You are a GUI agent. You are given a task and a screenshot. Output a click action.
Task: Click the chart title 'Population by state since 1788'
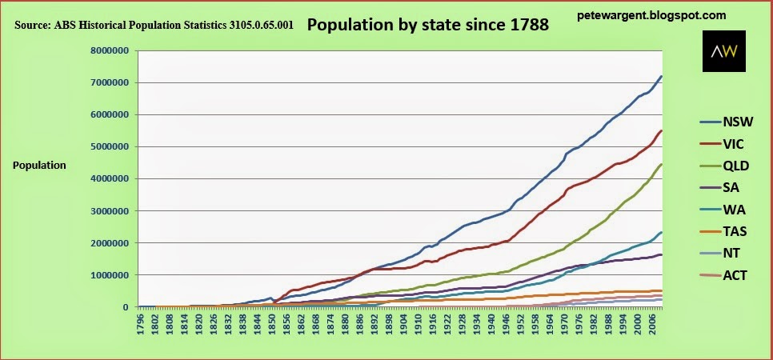pyautogui.click(x=427, y=25)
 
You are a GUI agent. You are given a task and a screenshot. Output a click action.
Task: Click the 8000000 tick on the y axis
pyautogui.click(x=110, y=50)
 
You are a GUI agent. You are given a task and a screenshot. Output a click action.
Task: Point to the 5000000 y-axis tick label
pyautogui.click(x=110, y=146)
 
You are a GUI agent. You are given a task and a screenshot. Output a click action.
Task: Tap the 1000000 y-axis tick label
pyautogui.click(x=110, y=274)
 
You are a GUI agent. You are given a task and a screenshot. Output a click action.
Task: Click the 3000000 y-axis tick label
pyautogui.click(x=110, y=210)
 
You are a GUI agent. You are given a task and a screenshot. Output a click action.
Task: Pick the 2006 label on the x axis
pyautogui.click(x=654, y=322)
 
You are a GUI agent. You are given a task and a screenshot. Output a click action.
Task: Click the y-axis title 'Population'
pyautogui.click(x=39, y=166)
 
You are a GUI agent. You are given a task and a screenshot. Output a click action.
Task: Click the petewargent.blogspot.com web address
pyautogui.click(x=651, y=14)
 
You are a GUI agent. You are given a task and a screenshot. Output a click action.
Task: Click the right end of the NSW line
pyautogui.click(x=661, y=76)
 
